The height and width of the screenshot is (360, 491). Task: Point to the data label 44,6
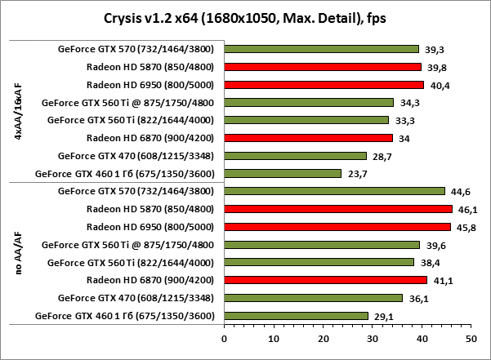coord(460,191)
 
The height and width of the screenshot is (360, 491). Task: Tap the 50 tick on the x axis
coord(471,336)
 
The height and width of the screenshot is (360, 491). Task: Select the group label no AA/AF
coord(19,253)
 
